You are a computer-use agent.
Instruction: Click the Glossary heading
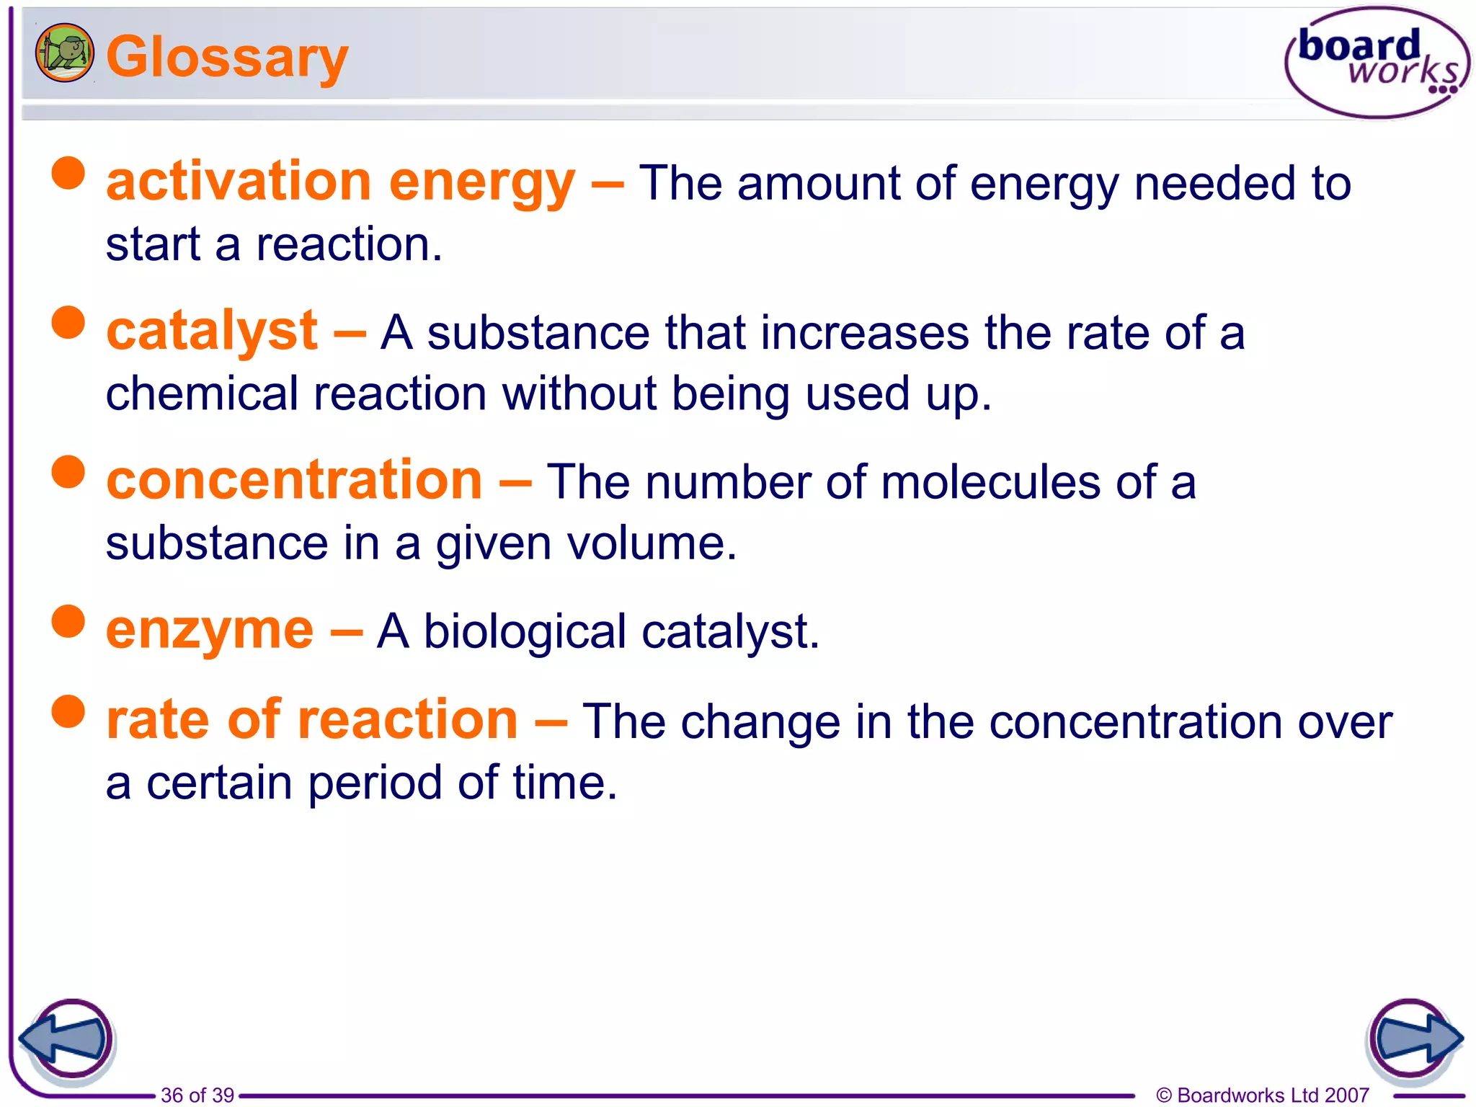click(x=227, y=58)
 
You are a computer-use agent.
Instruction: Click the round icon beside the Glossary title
click(x=65, y=53)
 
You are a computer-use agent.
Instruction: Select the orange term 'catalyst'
click(x=212, y=331)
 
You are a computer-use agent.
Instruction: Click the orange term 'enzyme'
click(x=210, y=630)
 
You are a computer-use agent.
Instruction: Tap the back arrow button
click(x=66, y=1039)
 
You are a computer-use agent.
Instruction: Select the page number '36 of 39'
click(x=197, y=1095)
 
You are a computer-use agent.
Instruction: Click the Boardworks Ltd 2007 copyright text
click(x=1262, y=1095)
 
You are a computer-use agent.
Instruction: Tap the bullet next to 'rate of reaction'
click(x=68, y=712)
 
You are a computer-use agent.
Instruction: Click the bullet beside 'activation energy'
click(x=68, y=174)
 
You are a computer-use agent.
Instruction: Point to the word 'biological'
click(x=525, y=632)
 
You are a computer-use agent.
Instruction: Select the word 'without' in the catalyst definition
click(x=579, y=394)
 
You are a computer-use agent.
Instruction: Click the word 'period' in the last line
click(x=375, y=783)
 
